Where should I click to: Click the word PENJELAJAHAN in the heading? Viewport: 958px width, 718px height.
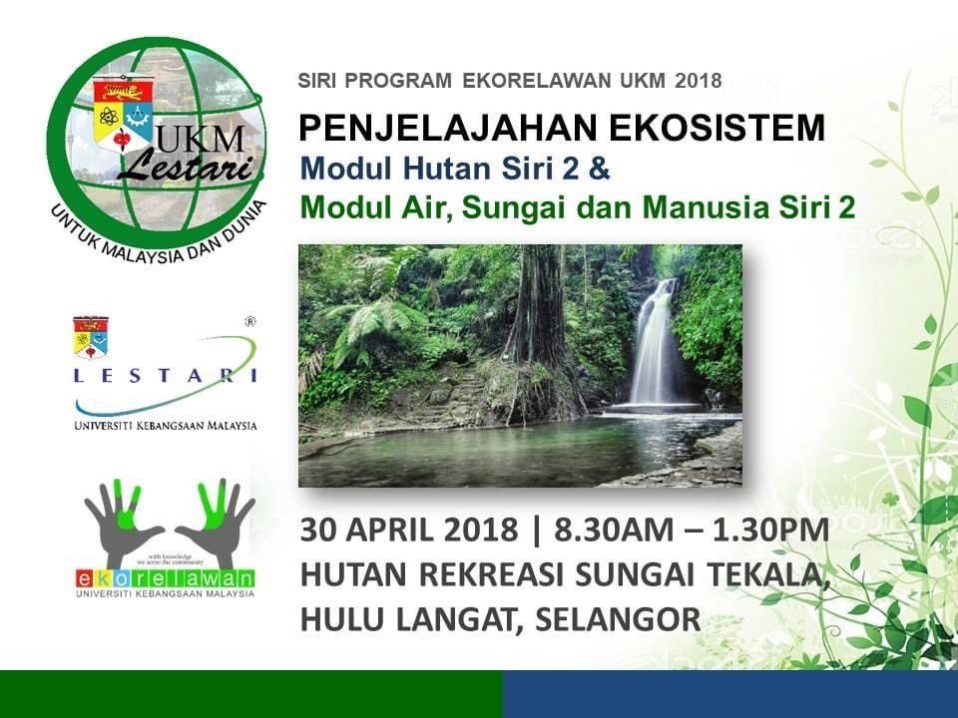[x=446, y=128]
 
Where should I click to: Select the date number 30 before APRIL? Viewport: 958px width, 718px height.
[x=316, y=530]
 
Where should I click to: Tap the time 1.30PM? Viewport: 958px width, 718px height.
[x=771, y=530]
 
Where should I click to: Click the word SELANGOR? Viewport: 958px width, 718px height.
[x=618, y=619]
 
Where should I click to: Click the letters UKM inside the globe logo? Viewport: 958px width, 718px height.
[x=200, y=142]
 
